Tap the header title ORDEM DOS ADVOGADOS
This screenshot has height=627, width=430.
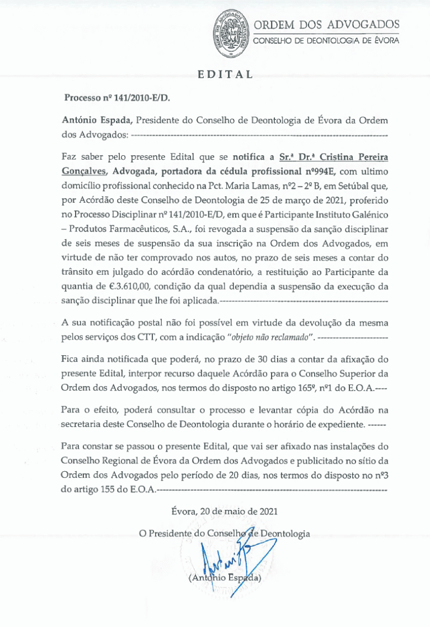[326, 24]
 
